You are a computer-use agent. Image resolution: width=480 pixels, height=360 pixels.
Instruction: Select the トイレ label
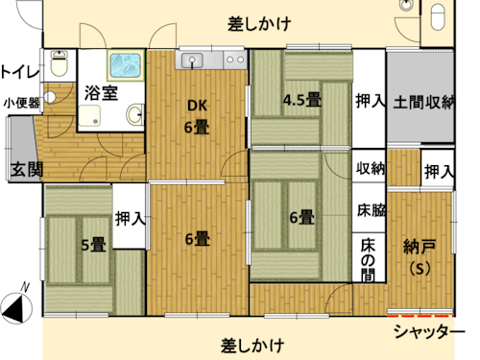tap(19, 70)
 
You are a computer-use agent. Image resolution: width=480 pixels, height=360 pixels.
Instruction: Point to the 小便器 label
tap(20, 103)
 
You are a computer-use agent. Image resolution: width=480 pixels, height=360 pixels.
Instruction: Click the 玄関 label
tap(26, 171)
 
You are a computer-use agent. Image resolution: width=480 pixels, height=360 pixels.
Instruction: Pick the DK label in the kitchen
tap(198, 107)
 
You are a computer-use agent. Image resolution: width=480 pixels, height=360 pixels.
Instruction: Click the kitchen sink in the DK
tap(193, 60)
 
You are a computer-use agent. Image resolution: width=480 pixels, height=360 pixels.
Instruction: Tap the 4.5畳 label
tap(301, 98)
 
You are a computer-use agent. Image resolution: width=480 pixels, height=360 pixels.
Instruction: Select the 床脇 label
tap(371, 208)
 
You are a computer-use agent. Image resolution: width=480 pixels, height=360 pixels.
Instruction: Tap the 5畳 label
tap(93, 245)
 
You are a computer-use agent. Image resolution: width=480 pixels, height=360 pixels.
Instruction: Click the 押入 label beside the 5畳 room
tap(130, 218)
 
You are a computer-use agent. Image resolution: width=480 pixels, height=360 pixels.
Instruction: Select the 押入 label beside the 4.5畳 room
tap(370, 100)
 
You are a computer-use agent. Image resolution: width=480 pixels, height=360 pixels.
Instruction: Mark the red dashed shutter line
tap(420, 313)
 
